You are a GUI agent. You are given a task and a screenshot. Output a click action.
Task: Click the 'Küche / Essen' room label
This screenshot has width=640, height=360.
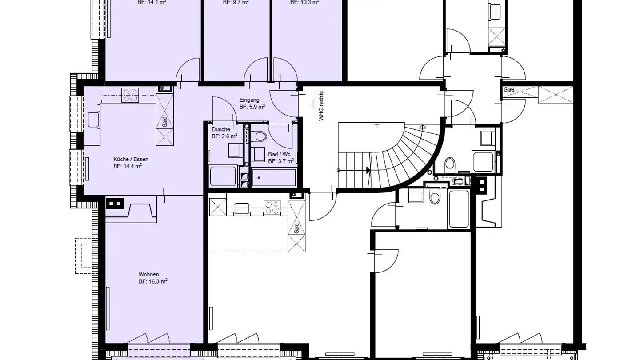(131, 159)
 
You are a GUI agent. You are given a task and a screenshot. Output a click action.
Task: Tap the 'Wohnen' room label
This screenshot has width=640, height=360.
(148, 274)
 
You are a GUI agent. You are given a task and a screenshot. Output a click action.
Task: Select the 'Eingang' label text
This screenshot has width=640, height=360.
(249, 100)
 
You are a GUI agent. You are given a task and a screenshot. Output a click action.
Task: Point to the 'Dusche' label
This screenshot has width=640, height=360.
(221, 129)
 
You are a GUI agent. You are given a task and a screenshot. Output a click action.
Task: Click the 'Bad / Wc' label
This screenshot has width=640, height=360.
(279, 154)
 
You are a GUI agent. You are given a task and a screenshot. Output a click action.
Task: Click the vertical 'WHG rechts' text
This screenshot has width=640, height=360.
(321, 106)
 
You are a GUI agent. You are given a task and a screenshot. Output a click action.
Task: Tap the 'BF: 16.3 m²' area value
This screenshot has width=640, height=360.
(152, 281)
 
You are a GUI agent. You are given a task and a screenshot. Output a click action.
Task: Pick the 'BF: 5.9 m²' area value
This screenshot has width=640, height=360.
(252, 107)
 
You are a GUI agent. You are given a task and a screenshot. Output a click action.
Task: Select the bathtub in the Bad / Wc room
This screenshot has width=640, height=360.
(273, 177)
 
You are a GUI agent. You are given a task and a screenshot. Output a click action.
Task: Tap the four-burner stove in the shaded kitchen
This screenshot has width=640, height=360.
(130, 95)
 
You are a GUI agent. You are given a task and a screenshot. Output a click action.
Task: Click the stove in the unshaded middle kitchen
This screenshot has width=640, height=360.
(272, 207)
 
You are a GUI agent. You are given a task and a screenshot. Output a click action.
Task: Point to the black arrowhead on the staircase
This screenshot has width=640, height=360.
(368, 170)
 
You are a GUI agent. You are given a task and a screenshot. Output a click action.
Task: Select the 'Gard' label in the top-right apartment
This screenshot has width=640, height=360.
(509, 90)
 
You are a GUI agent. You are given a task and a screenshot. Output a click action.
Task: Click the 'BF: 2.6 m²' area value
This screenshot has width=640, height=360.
(224, 136)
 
